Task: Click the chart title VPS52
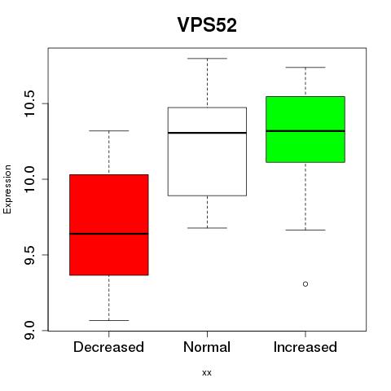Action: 207,25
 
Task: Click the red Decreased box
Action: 109,225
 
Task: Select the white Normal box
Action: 207,152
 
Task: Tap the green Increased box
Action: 305,130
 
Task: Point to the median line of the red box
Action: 109,234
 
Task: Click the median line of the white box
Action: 207,133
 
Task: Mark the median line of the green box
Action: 305,131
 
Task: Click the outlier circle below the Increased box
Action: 305,284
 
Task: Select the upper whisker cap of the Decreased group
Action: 109,131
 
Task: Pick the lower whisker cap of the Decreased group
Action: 109,320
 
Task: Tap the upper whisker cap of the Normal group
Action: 207,59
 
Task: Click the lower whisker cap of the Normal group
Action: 207,228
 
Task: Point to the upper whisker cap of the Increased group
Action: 305,67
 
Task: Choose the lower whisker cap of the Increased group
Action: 305,230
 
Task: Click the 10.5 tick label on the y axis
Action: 29,103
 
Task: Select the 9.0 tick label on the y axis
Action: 29,331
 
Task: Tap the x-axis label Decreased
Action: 108,347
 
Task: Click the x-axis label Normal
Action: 207,347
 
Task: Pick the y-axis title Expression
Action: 7,189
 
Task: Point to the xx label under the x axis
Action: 207,373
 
